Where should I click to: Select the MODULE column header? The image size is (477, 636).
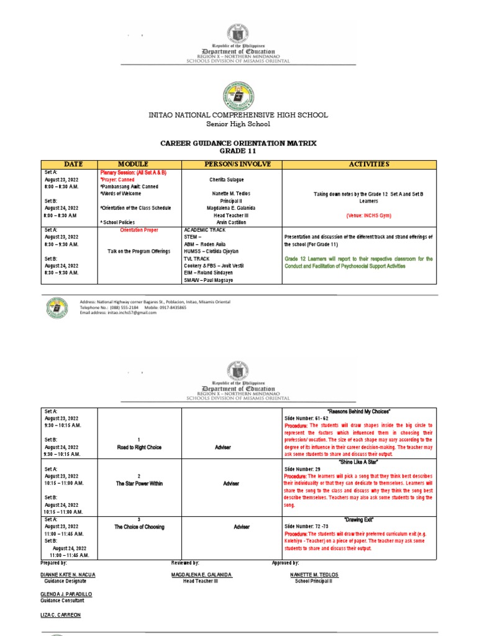[139, 164]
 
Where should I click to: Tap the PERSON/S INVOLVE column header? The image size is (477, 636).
[231, 164]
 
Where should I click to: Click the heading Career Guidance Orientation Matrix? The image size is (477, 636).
[238, 143]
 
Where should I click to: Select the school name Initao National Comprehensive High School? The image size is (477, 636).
[238, 115]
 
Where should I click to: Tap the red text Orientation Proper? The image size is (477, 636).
[139, 230]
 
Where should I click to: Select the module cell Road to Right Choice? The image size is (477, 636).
[139, 447]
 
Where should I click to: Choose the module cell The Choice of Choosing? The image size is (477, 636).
[139, 527]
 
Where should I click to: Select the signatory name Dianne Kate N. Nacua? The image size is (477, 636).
[68, 575]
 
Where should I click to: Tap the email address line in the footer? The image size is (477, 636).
[118, 312]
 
